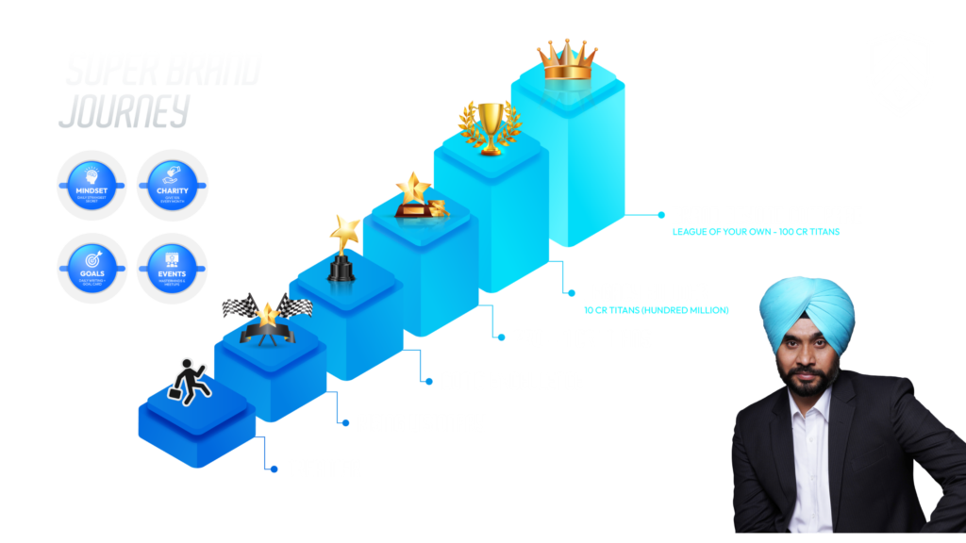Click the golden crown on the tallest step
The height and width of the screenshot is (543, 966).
(x=568, y=59)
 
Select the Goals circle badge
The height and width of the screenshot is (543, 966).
(x=92, y=263)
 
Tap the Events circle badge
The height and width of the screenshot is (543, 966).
(x=172, y=263)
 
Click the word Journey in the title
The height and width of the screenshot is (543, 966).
(x=124, y=111)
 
